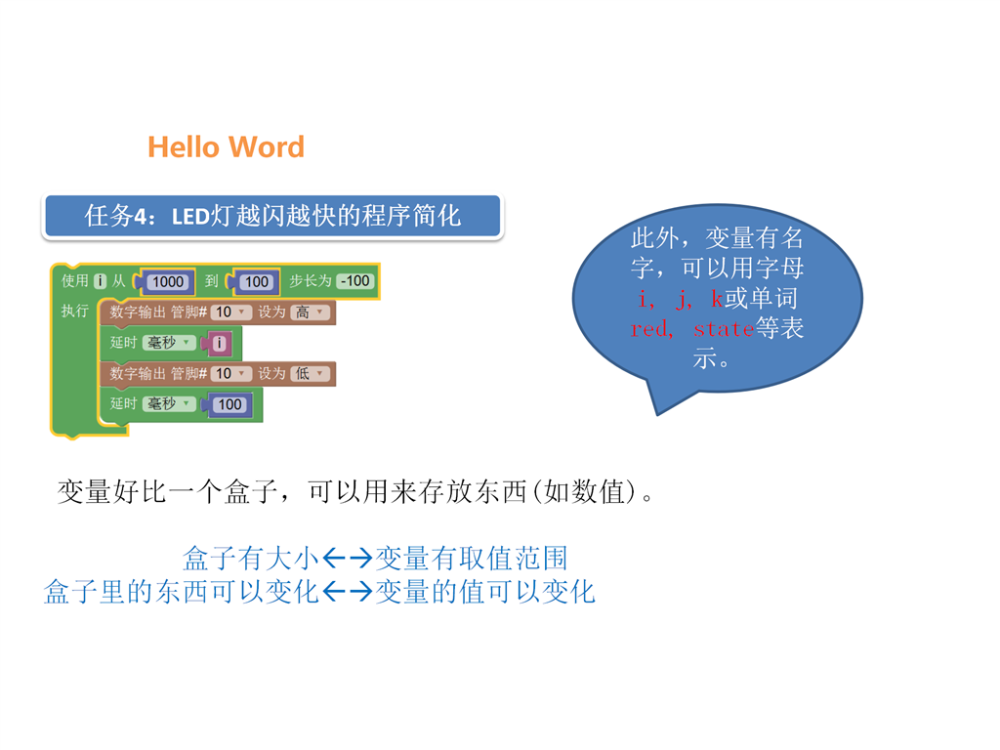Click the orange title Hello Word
click(226, 147)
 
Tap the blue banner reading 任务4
click(273, 216)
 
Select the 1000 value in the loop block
click(168, 282)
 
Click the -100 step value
click(355, 280)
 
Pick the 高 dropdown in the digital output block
click(310, 312)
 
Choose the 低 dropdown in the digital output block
click(310, 373)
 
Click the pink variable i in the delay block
click(219, 343)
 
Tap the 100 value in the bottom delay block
click(229, 404)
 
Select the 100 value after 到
click(257, 282)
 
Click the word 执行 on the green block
click(74, 311)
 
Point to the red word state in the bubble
click(724, 329)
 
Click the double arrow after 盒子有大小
click(348, 559)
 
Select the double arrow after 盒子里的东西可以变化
click(348, 592)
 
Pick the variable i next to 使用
click(101, 280)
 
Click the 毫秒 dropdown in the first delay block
click(168, 343)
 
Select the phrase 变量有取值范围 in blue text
click(472, 559)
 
